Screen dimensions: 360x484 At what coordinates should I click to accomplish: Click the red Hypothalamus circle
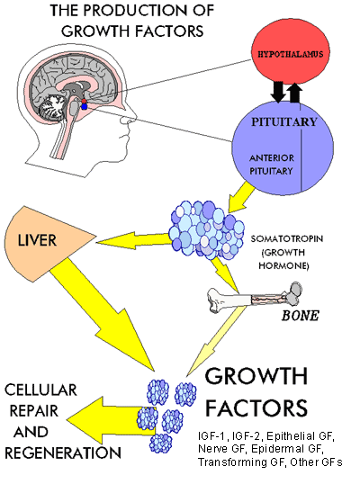pos(291,53)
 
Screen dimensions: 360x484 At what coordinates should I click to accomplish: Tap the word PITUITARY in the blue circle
pos(284,122)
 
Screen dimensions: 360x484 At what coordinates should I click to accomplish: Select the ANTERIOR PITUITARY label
pos(272,165)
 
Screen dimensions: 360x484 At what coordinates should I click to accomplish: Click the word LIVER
pos(37,240)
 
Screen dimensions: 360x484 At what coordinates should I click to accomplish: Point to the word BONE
pos(300,316)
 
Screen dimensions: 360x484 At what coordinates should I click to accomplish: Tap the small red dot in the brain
pos(84,102)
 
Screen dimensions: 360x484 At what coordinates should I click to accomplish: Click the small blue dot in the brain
pos(85,106)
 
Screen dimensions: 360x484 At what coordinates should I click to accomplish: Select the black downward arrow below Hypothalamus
pos(278,92)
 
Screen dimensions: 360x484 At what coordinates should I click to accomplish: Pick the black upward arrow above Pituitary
pos(295,93)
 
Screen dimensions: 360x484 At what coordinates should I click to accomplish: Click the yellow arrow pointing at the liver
pos(133,240)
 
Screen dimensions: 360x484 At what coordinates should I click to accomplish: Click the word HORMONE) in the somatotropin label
pos(283,265)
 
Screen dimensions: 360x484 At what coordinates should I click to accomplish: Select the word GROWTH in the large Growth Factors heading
pos(256,376)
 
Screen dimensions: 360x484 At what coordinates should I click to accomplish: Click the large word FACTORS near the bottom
pos(256,408)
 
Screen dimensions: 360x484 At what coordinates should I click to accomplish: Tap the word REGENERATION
pos(63,453)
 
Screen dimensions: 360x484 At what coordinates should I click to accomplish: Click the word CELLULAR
pos(40,390)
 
